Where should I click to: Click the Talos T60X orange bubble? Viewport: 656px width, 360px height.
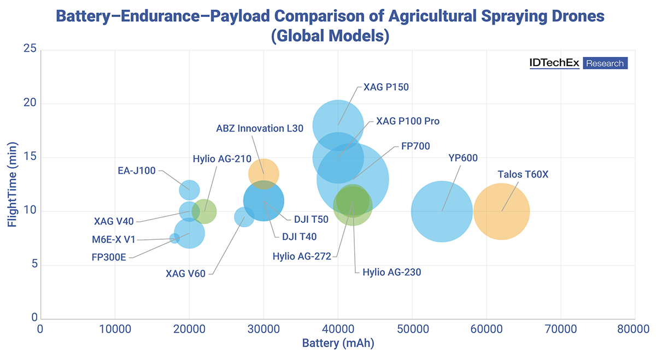[501, 211]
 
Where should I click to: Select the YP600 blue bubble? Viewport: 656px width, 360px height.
[442, 211]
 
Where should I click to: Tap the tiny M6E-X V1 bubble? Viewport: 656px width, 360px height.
[174, 238]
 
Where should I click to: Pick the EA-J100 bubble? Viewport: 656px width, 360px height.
[189, 190]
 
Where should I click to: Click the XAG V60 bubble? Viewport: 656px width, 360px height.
[244, 217]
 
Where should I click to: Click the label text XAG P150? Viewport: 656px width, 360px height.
[386, 87]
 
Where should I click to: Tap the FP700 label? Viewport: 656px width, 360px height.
[415, 146]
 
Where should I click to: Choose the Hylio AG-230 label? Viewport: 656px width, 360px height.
[391, 272]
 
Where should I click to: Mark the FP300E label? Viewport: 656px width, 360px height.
[109, 256]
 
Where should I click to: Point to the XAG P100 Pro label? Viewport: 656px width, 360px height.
[407, 121]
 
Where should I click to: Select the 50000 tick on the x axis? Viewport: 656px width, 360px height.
[412, 329]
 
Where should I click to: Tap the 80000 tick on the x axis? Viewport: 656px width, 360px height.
[634, 329]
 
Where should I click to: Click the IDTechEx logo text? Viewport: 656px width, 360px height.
[554, 63]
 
